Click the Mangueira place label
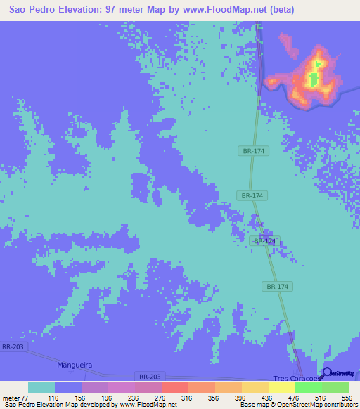click(x=75, y=365)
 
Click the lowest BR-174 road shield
click(x=278, y=286)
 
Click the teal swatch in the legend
click(x=41, y=388)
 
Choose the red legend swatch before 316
click(x=174, y=388)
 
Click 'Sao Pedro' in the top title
click(x=32, y=10)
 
